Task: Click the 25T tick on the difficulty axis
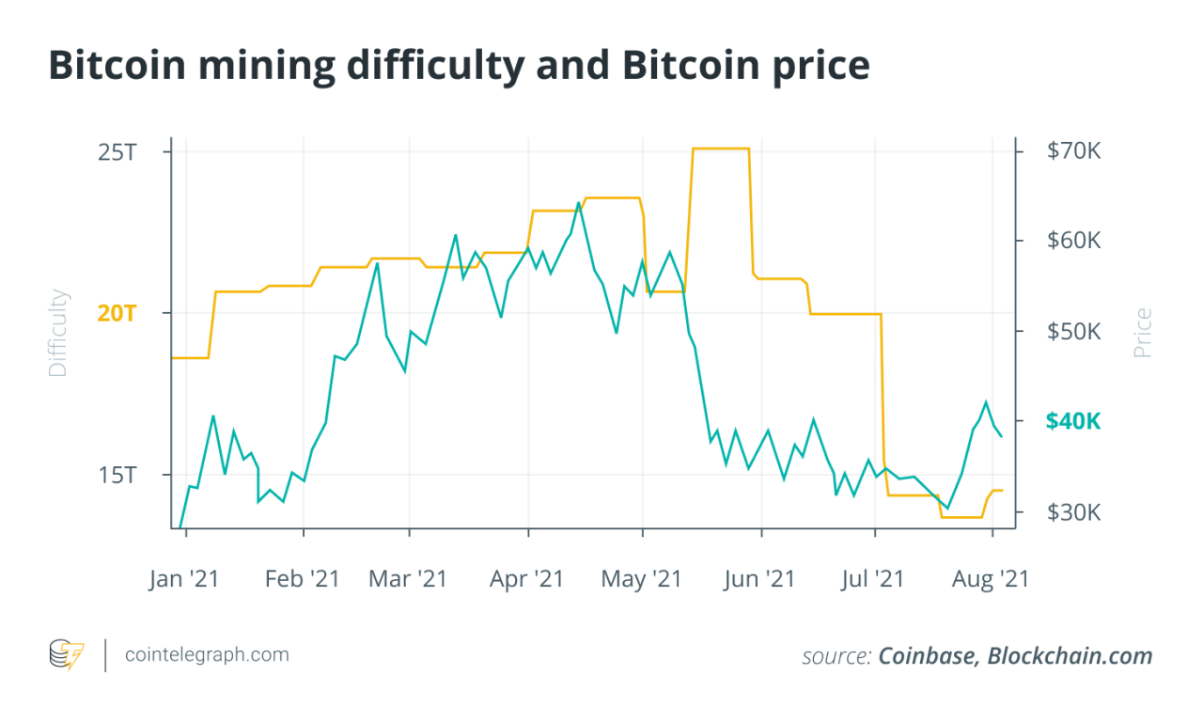click(117, 151)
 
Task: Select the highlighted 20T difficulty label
click(117, 313)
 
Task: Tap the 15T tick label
click(117, 475)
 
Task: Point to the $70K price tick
click(1072, 150)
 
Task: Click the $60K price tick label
click(1072, 241)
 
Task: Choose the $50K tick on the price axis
click(1072, 331)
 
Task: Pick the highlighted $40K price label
click(1072, 421)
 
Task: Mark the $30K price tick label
click(1072, 512)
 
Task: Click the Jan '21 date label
click(184, 579)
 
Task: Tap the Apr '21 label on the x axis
click(527, 579)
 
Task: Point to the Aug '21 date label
click(992, 579)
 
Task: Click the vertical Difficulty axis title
click(58, 334)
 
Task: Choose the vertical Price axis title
click(1142, 334)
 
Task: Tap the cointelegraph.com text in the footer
click(208, 654)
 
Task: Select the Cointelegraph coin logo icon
click(66, 654)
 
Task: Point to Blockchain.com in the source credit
click(1070, 656)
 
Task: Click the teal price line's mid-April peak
click(579, 202)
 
